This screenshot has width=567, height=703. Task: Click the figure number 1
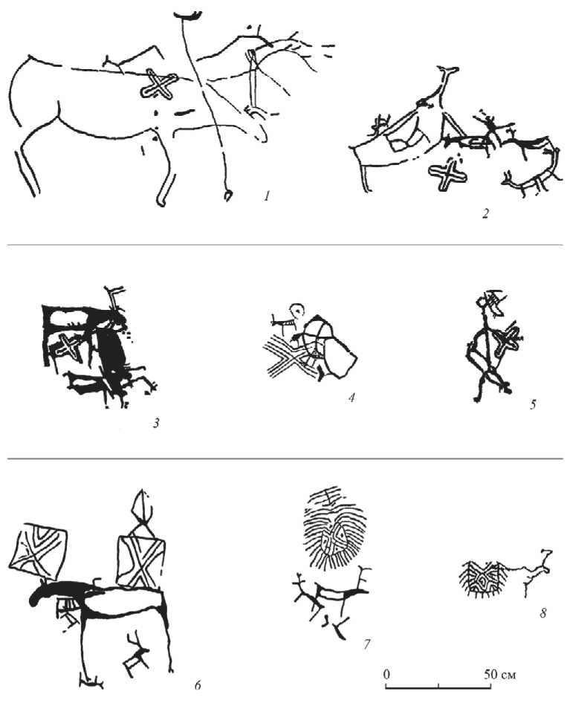(x=267, y=196)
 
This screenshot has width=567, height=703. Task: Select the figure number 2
(x=485, y=213)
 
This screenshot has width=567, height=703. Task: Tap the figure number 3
(x=156, y=423)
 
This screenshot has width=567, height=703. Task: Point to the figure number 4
(x=351, y=398)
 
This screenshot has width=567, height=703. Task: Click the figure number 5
(x=533, y=404)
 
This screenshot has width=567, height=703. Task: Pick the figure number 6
(x=198, y=685)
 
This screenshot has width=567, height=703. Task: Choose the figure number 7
(x=366, y=644)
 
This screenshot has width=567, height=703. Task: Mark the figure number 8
(x=542, y=612)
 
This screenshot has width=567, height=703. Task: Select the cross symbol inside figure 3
(x=69, y=346)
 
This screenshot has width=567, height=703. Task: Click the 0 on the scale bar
(x=386, y=674)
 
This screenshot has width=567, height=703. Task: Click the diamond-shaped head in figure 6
(x=143, y=505)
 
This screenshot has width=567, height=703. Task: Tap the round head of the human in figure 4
(x=297, y=309)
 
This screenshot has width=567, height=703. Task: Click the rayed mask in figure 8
(x=483, y=579)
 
